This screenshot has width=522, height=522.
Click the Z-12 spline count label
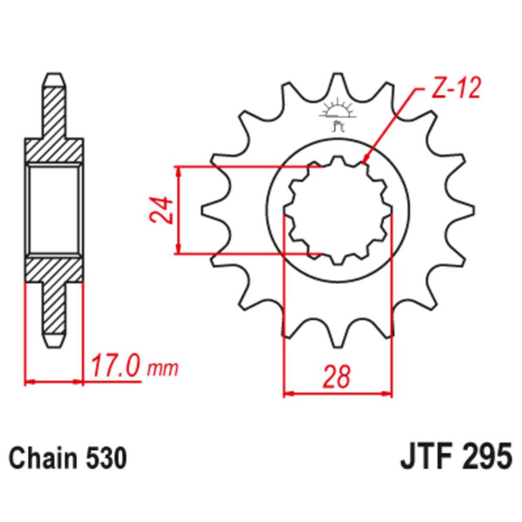coord(453,90)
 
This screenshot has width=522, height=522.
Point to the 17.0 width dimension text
coord(116,367)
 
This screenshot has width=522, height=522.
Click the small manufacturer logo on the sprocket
coord(337,115)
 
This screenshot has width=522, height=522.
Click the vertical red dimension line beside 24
coord(179,210)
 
